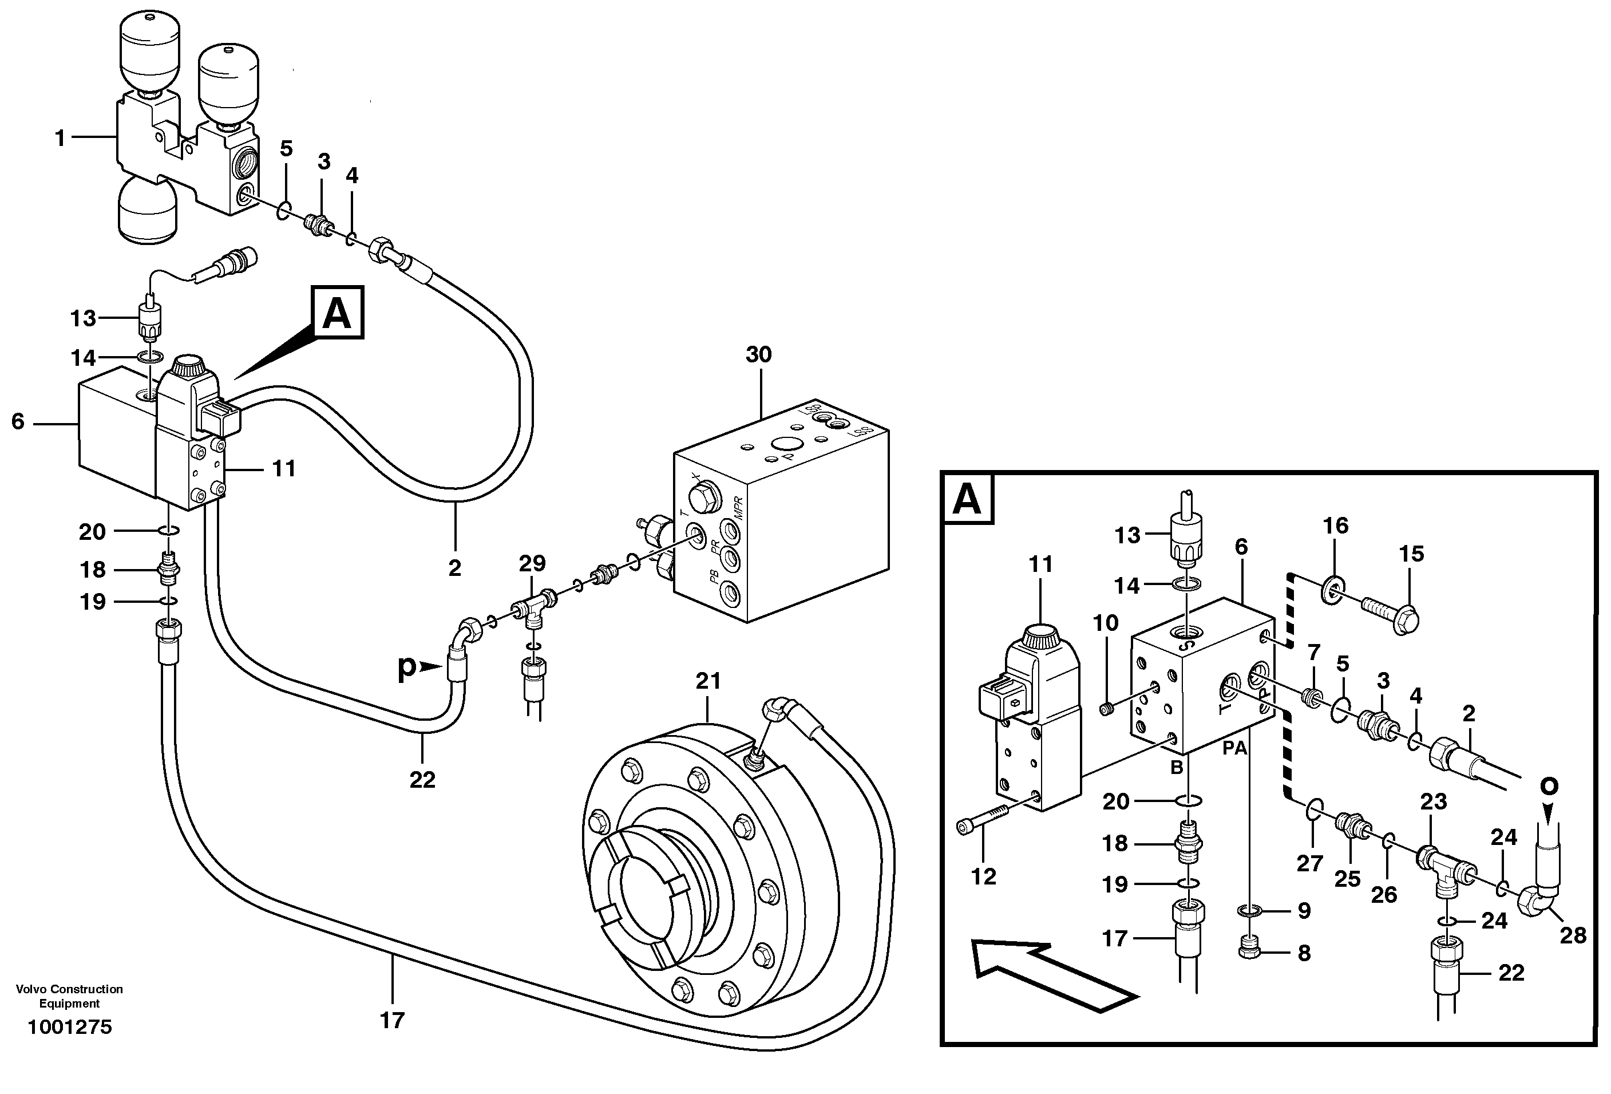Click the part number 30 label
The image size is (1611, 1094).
point(758,355)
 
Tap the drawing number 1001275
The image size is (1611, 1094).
point(69,1028)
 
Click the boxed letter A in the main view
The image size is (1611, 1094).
point(338,313)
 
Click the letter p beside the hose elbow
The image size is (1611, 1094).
point(407,667)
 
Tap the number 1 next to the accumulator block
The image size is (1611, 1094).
point(60,139)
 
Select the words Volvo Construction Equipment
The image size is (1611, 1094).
point(69,996)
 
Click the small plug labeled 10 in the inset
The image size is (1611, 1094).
point(1107,708)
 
